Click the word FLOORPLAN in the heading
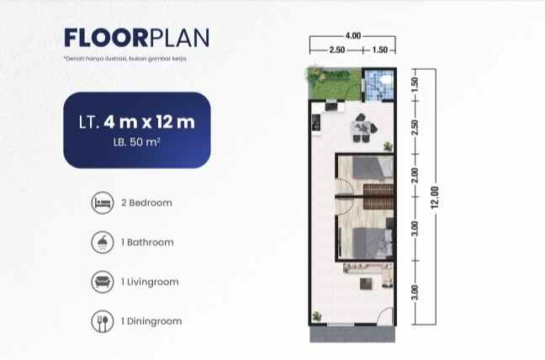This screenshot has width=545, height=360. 136,39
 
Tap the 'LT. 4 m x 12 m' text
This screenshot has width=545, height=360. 136,121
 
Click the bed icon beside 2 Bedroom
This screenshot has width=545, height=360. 101,203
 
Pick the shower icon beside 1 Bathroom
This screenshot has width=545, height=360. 101,242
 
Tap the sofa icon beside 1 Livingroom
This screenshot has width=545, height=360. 101,282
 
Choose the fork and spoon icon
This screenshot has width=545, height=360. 101,320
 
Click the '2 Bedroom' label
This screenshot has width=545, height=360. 147,203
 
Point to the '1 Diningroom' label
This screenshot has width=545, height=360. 151,321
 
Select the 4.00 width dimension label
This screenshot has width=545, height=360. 352,35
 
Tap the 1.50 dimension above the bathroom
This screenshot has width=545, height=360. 378,50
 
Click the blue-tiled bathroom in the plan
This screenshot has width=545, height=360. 378,84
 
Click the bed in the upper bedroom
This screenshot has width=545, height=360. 372,167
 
